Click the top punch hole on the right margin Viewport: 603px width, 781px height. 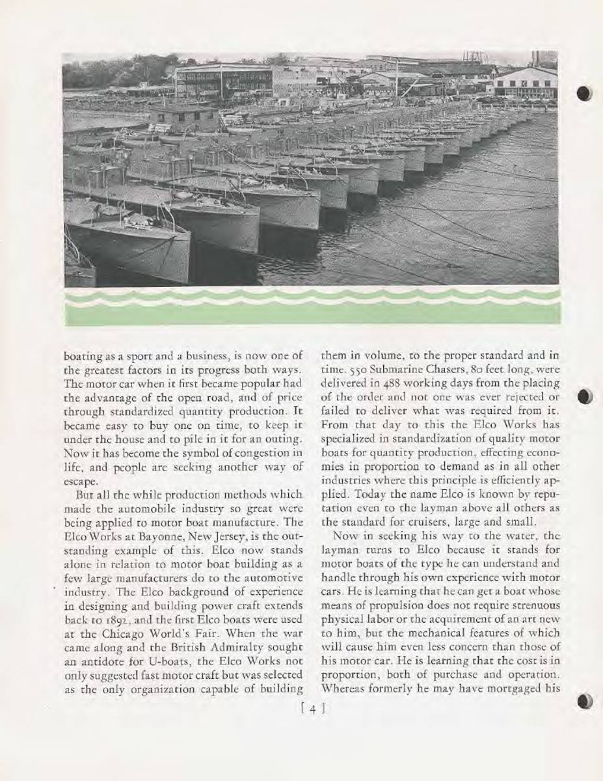[x=583, y=93]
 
